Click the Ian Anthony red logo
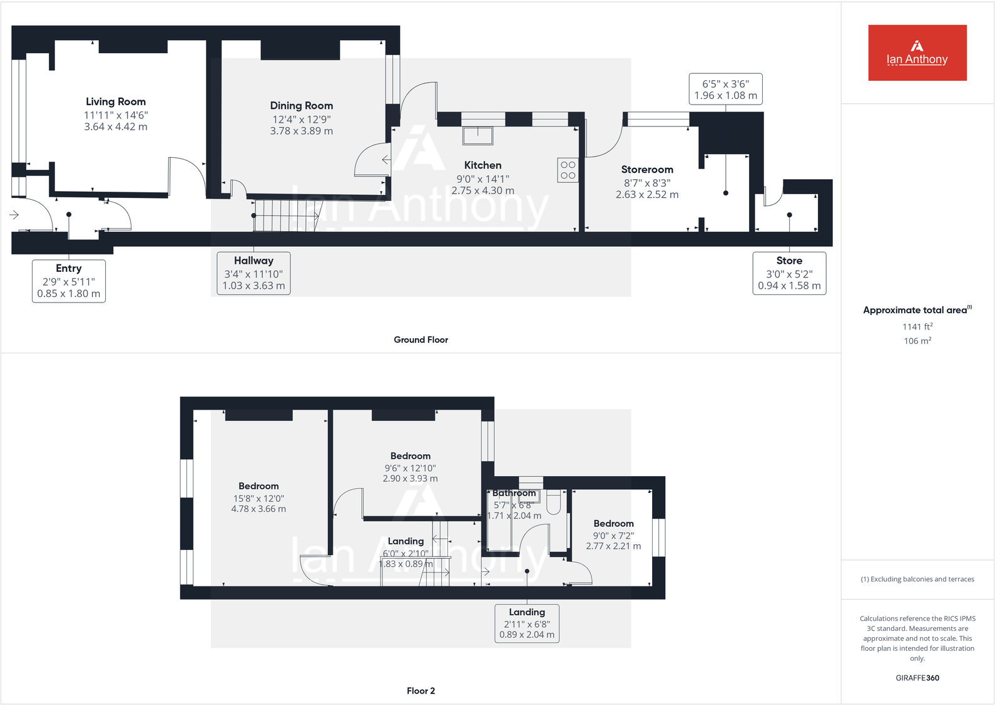tap(917, 53)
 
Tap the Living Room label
tap(116, 101)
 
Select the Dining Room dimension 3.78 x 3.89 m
tap(301, 131)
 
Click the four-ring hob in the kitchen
tap(568, 170)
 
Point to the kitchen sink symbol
tap(477, 135)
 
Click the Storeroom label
tap(647, 169)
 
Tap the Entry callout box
tap(69, 281)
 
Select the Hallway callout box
tap(253, 273)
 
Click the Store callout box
tap(789, 273)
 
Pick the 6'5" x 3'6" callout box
tap(725, 89)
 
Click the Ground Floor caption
tap(421, 340)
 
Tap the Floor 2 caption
tap(421, 690)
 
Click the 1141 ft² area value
tap(917, 326)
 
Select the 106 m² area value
tap(917, 341)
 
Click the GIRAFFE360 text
tap(917, 678)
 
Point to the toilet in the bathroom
tap(554, 504)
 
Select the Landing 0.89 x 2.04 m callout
tap(527, 623)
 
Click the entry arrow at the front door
tap(14, 215)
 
